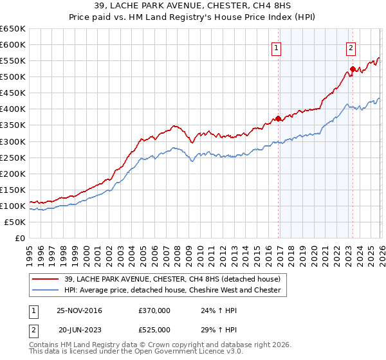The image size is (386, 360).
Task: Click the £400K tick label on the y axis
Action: tap(13, 109)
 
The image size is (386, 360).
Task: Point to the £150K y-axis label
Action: tap(13, 190)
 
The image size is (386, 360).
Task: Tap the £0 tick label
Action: tap(19, 238)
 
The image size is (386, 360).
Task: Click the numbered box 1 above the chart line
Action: tap(276, 47)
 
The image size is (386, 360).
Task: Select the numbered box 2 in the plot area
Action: tap(351, 47)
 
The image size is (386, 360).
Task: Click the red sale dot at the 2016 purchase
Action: tap(278, 118)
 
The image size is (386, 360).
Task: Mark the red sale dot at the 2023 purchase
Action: tap(353, 69)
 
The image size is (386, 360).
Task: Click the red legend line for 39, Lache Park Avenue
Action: tap(46, 280)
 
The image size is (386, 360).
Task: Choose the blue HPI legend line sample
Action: tap(46, 291)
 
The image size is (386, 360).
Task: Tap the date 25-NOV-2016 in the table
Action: tap(80, 310)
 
